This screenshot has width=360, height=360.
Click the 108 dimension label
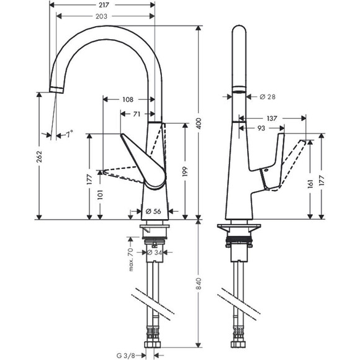[x=127, y=99]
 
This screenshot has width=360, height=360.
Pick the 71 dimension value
[x=136, y=114]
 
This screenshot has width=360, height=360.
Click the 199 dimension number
[x=186, y=171]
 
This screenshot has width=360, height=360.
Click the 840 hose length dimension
[x=199, y=286]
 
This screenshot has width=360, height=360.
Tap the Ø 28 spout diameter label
[x=268, y=96]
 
